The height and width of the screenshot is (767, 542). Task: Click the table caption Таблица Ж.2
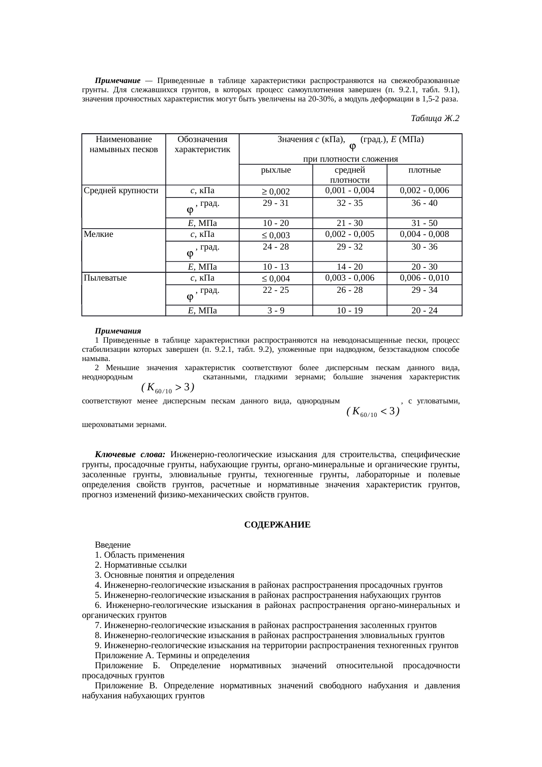(435, 118)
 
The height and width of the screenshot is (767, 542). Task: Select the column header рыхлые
(275, 170)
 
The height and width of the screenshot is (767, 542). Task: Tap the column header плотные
(424, 170)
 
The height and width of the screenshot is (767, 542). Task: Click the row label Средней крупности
(121, 191)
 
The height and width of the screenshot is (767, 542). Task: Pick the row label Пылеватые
(105, 278)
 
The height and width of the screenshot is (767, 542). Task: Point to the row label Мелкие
(98, 234)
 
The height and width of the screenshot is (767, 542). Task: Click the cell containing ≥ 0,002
(275, 191)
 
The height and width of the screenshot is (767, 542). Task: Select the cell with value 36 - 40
(424, 203)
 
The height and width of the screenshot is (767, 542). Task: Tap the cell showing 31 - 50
(424, 223)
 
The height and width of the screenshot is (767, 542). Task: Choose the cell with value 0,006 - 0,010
(424, 278)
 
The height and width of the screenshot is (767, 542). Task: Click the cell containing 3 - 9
(275, 311)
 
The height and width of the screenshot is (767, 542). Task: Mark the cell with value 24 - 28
(275, 247)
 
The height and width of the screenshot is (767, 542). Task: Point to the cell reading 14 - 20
(350, 267)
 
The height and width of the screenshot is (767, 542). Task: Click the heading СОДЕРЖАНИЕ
(277, 525)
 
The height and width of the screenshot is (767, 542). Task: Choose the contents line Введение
(113, 545)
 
